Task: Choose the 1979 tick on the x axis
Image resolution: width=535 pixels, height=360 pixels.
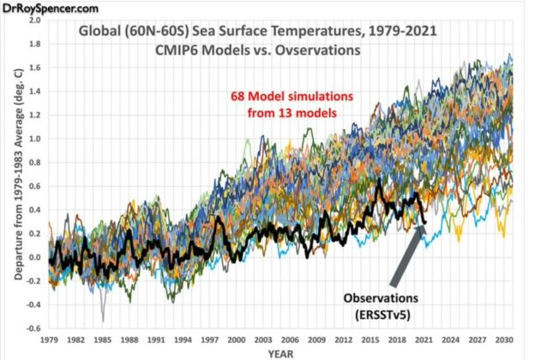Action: pyautogui.click(x=51, y=337)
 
